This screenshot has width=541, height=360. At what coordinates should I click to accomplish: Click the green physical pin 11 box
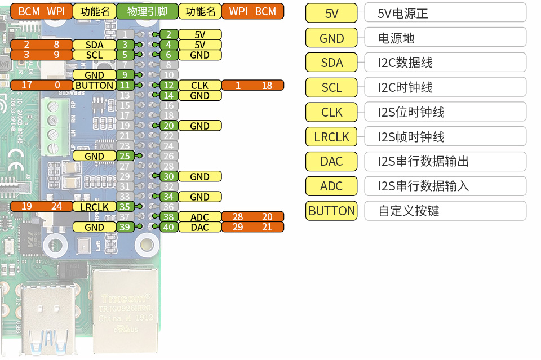126,85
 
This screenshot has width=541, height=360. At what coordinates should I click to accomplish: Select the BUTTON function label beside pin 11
94,85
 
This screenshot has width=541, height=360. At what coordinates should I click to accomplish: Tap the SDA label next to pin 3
94,45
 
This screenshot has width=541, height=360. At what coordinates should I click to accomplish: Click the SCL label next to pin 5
94,55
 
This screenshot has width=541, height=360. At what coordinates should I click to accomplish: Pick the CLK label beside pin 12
199,85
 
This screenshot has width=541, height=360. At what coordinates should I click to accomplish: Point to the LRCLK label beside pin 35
94,207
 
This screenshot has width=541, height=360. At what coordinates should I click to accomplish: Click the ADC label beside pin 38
199,217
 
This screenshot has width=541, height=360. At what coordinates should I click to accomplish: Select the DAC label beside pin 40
199,227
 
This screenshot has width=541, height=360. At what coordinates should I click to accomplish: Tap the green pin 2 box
168,34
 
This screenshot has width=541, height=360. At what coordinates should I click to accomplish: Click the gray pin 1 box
126,34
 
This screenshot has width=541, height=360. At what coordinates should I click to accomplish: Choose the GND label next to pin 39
94,227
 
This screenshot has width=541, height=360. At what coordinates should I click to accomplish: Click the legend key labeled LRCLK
331,136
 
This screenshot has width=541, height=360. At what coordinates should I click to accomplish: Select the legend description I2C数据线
445,63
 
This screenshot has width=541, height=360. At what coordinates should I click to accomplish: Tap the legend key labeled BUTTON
331,211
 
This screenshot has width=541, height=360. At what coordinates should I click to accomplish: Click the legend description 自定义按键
445,211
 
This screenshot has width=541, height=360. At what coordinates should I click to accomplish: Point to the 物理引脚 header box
147,11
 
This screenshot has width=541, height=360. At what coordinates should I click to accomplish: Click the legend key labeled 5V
331,13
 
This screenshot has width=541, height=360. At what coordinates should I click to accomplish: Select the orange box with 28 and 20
252,217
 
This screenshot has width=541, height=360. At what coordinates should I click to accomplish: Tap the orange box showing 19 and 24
41,207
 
